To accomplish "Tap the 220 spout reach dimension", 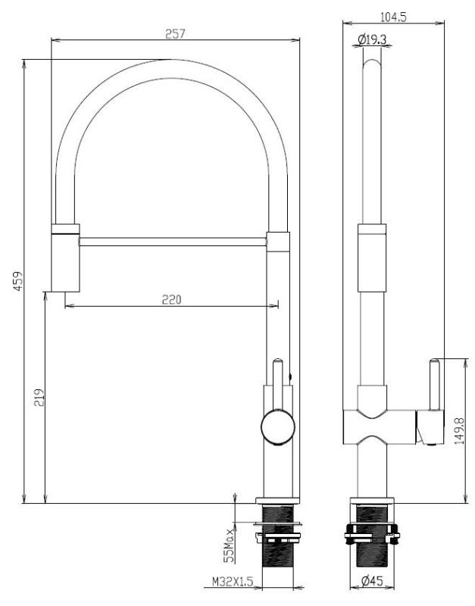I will [x=171, y=299].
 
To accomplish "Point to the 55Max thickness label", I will [x=228, y=544].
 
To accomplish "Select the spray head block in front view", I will [x=64, y=258].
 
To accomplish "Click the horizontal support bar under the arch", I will [x=172, y=241].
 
